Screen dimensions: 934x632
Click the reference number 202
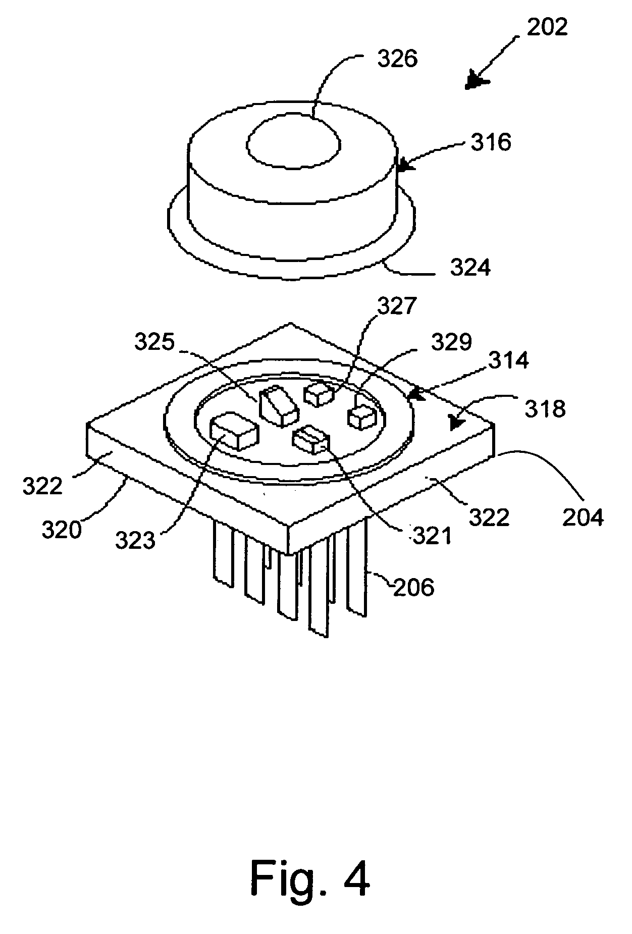pos(547,27)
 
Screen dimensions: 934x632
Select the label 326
pos(398,59)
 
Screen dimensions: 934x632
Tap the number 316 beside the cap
pos(491,142)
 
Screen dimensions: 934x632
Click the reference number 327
pos(397,306)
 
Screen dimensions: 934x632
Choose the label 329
pos(452,342)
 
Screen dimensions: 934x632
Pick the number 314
pos(508,360)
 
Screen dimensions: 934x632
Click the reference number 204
pos(584,517)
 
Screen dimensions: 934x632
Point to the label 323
pos(135,541)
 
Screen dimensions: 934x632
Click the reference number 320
pos(62,530)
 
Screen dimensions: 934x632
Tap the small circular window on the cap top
pos(294,140)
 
